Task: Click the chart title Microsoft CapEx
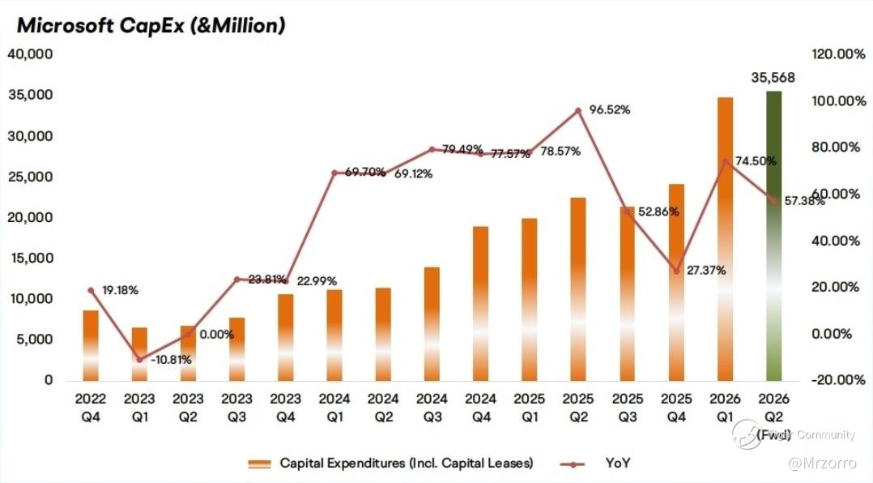pyautogui.click(x=151, y=25)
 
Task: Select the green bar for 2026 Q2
pyautogui.click(x=773, y=235)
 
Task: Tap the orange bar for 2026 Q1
pyautogui.click(x=725, y=239)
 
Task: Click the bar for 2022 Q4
pyautogui.click(x=91, y=345)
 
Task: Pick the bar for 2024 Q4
pyautogui.click(x=481, y=303)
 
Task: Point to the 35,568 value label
pyautogui.click(x=773, y=78)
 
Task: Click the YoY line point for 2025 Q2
pyautogui.click(x=578, y=111)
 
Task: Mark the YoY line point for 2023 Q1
pyautogui.click(x=139, y=359)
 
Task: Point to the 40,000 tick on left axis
pyautogui.click(x=30, y=54)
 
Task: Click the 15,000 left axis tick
pyautogui.click(x=30, y=259)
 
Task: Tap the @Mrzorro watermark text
pyautogui.click(x=827, y=463)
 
